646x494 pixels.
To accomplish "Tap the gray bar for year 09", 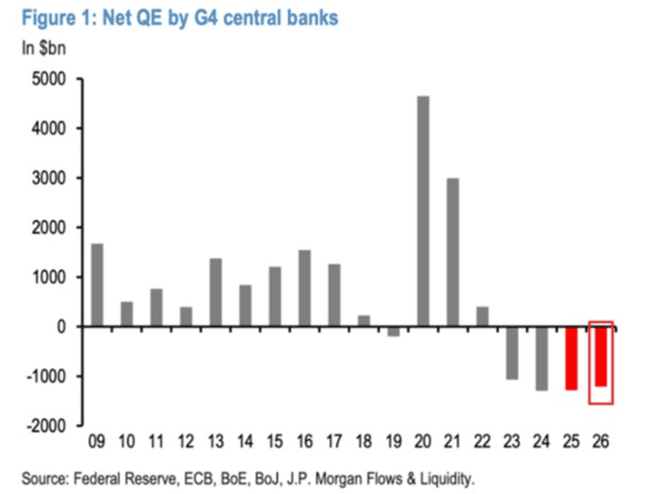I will (x=97, y=285).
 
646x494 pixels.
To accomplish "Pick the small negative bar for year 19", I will (x=393, y=331).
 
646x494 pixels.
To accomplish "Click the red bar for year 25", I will (x=571, y=358).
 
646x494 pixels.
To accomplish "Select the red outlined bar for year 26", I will (x=601, y=356).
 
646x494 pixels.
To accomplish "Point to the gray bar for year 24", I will (x=541, y=358).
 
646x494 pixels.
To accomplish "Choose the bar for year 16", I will (x=305, y=288).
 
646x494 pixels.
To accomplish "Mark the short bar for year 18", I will (x=364, y=321).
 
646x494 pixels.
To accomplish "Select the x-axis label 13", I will (x=215, y=444).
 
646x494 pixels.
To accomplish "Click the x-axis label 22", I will (x=482, y=444).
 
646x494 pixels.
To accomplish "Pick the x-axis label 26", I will (x=600, y=444).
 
